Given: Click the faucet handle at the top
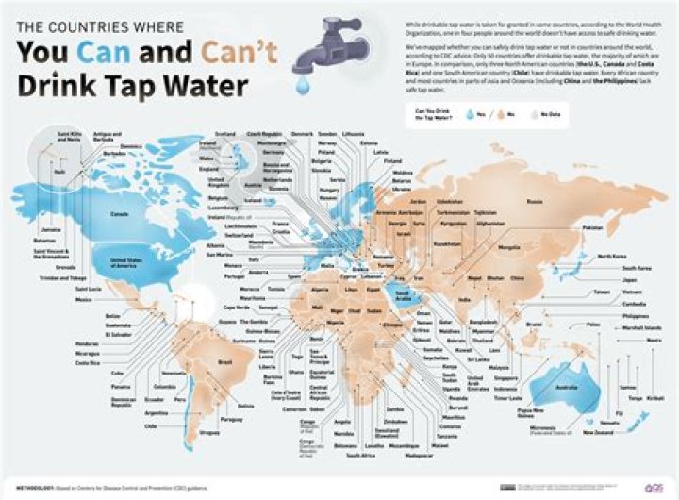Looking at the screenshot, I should (x=307, y=25).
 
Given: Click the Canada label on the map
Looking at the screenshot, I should (x=120, y=213).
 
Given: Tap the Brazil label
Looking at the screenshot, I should (x=225, y=361).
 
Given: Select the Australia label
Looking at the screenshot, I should (x=566, y=386).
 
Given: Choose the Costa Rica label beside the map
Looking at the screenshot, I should (x=88, y=362).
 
